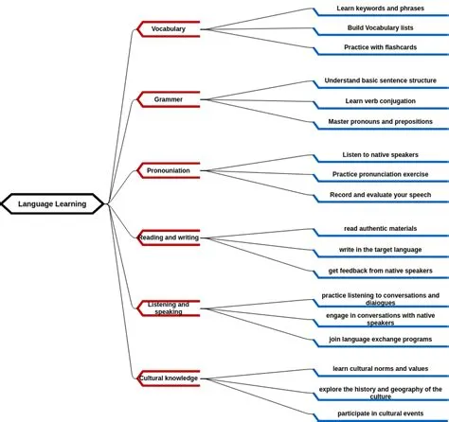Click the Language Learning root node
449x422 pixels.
coord(52,203)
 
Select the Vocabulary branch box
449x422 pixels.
coord(169,29)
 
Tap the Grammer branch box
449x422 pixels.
coord(169,99)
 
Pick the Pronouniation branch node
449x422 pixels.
coord(169,170)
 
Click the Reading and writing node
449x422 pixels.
coord(169,237)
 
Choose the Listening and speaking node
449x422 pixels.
coord(169,308)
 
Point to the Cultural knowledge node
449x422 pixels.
coord(169,378)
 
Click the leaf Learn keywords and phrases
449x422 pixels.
coord(380,9)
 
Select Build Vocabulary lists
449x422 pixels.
coord(380,28)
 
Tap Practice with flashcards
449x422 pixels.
coord(380,47)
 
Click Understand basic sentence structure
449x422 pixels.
coord(380,81)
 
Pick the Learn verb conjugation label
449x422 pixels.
coord(380,101)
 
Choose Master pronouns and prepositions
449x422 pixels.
coord(380,122)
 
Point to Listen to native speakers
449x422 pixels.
coord(380,155)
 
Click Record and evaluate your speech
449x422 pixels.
coord(380,195)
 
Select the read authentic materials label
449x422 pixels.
coord(380,229)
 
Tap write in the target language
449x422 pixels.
coord(380,250)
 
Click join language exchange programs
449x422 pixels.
coord(380,339)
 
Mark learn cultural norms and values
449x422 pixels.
coord(380,369)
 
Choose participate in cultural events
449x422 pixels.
coord(380,413)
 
